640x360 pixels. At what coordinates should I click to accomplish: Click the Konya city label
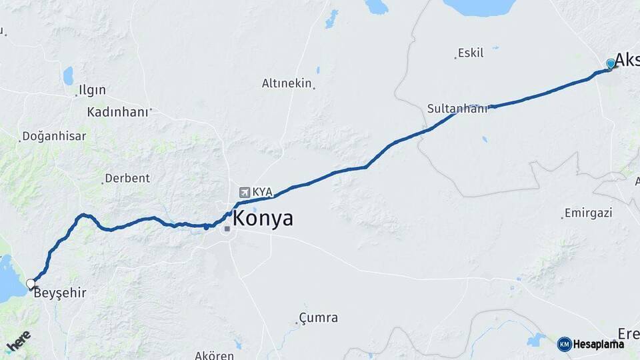(x=263, y=218)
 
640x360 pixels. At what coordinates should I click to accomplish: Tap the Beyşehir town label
(x=60, y=293)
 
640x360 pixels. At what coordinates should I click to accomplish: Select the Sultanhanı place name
(x=457, y=107)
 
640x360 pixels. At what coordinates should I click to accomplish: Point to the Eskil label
(x=470, y=53)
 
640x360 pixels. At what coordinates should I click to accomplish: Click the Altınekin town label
(x=287, y=83)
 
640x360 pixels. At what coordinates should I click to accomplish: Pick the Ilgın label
(x=92, y=90)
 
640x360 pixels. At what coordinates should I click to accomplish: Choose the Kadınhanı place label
(x=117, y=112)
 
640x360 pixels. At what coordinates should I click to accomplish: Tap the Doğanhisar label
(x=54, y=136)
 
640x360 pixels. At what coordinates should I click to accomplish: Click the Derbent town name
(x=127, y=179)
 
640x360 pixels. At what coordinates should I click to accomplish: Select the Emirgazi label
(x=588, y=213)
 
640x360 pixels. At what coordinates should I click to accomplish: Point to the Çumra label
(x=318, y=318)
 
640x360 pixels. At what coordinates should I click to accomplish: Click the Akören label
(x=215, y=355)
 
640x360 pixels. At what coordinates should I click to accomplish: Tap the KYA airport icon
(x=244, y=192)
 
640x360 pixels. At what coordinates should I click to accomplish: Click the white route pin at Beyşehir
(x=31, y=285)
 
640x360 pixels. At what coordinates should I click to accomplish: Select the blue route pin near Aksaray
(x=610, y=64)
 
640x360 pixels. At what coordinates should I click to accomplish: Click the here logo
(x=19, y=343)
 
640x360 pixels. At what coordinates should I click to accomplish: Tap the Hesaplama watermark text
(x=599, y=345)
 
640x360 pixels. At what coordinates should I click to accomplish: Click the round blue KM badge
(x=564, y=344)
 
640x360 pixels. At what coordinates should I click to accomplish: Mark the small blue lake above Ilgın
(x=68, y=76)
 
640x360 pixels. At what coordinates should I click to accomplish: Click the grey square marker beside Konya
(x=227, y=229)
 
